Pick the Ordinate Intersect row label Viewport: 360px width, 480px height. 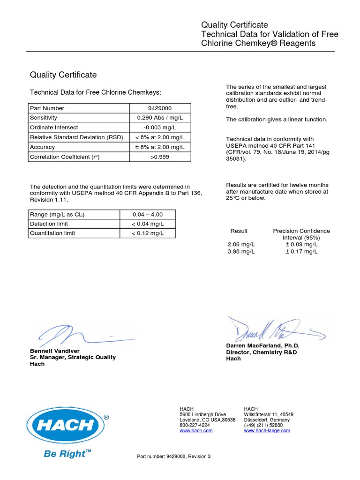tap(54, 127)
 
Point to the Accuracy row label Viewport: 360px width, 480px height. tap(42, 147)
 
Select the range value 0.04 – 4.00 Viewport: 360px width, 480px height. tap(147, 214)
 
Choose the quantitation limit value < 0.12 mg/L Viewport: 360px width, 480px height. tap(147, 233)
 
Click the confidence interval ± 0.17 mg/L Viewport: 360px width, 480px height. tap(301, 251)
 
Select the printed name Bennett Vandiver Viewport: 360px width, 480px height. tap(55, 351)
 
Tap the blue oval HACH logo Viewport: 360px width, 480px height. tap(65, 425)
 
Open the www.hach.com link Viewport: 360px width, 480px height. tap(196, 430)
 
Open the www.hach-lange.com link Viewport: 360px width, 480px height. tap(267, 430)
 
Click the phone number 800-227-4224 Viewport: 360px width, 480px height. tap(195, 425)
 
